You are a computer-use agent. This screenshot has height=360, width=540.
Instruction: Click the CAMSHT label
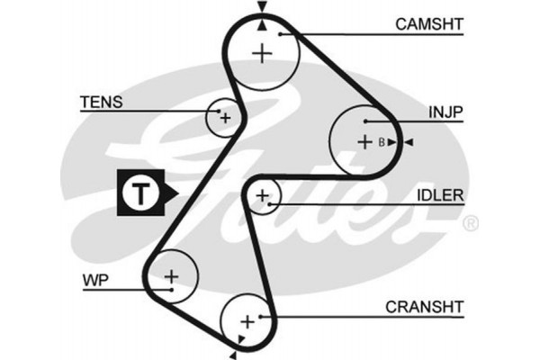pos(428,22)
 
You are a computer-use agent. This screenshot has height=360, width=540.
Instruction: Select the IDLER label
pos(440,195)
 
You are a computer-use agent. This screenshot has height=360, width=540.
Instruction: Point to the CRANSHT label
pos(424,308)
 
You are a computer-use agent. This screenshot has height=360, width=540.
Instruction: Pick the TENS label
pos(101,103)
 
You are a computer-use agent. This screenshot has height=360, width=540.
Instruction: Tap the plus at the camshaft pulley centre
pos(262,53)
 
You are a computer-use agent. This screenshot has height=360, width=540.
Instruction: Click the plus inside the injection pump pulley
pos(364,141)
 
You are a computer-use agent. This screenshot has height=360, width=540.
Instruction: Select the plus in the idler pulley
pos(263,195)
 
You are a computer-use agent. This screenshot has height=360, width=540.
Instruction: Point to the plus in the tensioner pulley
pos(224,117)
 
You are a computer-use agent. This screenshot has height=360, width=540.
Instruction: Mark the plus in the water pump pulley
pos(171,274)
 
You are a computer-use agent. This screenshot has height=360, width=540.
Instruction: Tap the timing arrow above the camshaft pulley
pos(262,8)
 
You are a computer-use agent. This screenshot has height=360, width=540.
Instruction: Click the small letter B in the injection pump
pos(381,142)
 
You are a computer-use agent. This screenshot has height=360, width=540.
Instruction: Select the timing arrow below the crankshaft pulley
pos(242,339)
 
